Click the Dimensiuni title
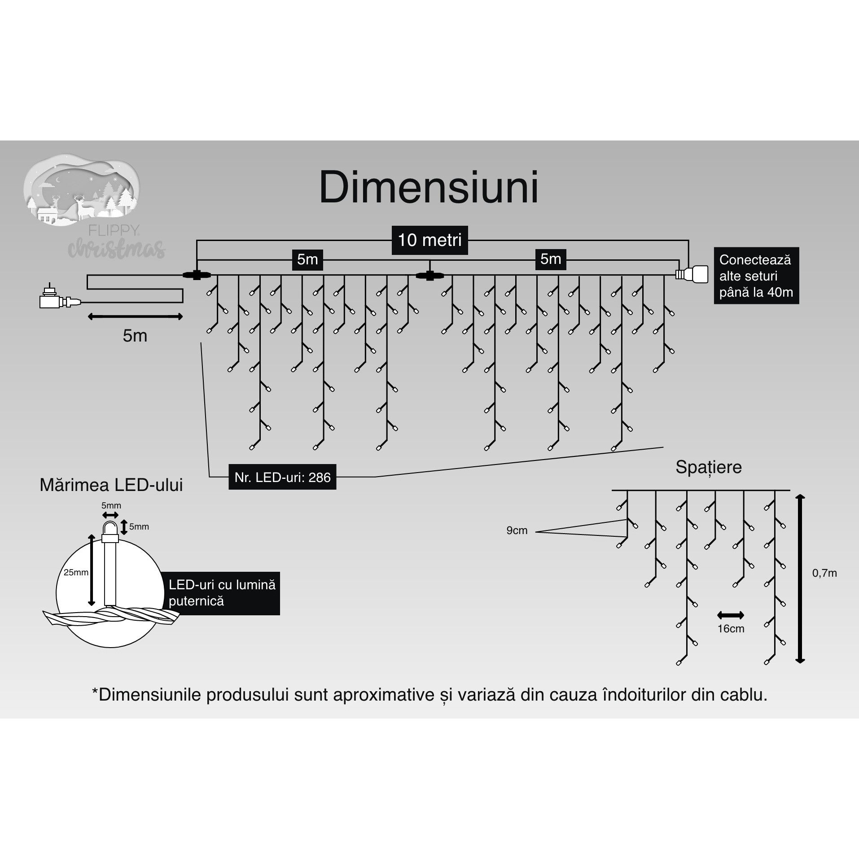(429, 188)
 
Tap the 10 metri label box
(429, 240)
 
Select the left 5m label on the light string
(307, 259)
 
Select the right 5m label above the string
(551, 259)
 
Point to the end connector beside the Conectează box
(692, 274)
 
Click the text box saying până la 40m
(756, 276)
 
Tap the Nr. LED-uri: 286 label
(282, 477)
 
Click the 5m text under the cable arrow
(135, 336)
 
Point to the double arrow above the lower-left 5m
(135, 317)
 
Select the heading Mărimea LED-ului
(111, 485)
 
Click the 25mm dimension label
(76, 573)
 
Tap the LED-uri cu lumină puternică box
(222, 593)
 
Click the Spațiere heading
(708, 467)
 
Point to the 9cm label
(517, 530)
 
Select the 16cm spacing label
(731, 629)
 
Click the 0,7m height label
(824, 573)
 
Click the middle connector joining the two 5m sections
(429, 275)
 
